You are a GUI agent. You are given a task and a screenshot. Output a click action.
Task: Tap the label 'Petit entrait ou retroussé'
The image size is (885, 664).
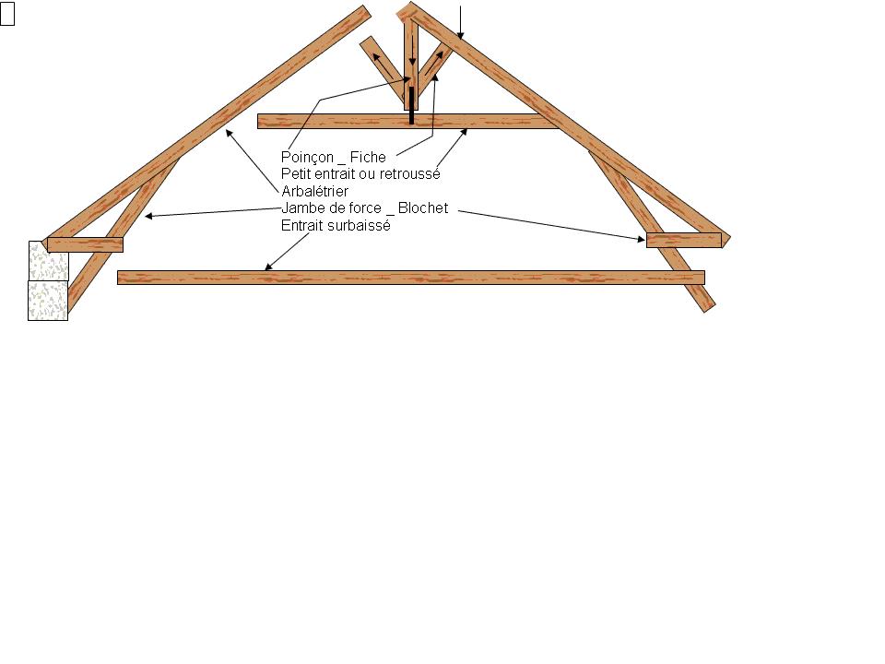tap(360, 174)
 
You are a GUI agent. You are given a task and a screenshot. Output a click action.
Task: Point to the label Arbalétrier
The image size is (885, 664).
tap(314, 192)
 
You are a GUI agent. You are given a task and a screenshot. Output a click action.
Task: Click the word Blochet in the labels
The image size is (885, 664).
tap(423, 208)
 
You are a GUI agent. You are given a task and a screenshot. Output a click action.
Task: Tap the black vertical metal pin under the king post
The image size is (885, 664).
tap(411, 105)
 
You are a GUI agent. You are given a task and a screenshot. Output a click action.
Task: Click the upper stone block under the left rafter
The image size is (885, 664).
tap(48, 260)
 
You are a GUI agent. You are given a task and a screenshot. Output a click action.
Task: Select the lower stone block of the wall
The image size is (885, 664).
tap(48, 301)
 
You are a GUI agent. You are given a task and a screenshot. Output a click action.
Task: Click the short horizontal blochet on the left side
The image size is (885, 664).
tap(85, 244)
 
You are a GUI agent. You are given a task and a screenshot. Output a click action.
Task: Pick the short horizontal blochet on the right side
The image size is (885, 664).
tap(683, 241)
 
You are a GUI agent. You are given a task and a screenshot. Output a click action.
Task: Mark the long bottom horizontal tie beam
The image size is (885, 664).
tap(410, 278)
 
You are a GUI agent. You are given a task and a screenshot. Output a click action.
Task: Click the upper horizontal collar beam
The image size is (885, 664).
tap(406, 121)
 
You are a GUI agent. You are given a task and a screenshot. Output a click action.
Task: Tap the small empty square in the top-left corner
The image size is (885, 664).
tap(7, 18)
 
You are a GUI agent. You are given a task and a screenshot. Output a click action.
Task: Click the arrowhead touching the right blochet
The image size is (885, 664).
tap(642, 239)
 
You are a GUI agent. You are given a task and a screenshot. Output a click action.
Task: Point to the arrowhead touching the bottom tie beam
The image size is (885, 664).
tap(268, 267)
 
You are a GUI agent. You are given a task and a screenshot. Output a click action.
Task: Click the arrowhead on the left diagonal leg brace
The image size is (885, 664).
tap(148, 218)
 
